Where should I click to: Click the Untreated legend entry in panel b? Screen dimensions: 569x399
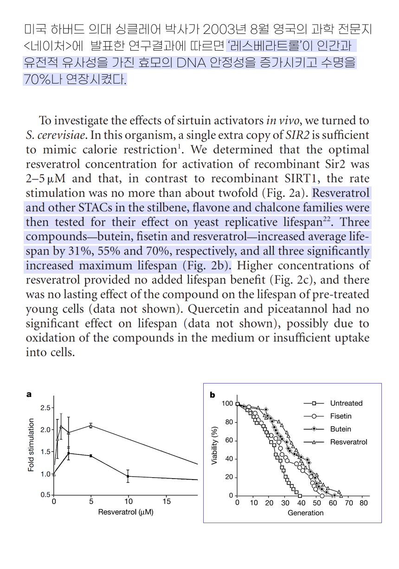(x=346, y=403)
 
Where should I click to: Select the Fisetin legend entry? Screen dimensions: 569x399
(x=341, y=416)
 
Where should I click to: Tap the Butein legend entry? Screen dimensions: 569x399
(x=341, y=429)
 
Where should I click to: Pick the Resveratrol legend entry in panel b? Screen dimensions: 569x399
(x=348, y=442)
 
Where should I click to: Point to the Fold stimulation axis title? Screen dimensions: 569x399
(x=31, y=445)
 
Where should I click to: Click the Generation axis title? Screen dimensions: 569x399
(x=305, y=513)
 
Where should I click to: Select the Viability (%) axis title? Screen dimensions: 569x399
(x=214, y=445)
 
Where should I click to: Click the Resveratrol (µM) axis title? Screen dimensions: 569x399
(x=125, y=512)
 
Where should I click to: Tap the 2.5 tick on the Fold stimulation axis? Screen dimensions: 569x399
(x=45, y=408)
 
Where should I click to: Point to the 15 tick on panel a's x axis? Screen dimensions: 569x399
(x=167, y=502)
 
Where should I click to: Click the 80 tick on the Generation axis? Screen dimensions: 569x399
(x=364, y=503)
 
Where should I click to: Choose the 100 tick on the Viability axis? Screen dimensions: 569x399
(x=227, y=403)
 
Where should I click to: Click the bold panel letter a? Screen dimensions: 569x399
(x=29, y=395)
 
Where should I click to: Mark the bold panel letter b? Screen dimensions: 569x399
(x=212, y=395)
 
